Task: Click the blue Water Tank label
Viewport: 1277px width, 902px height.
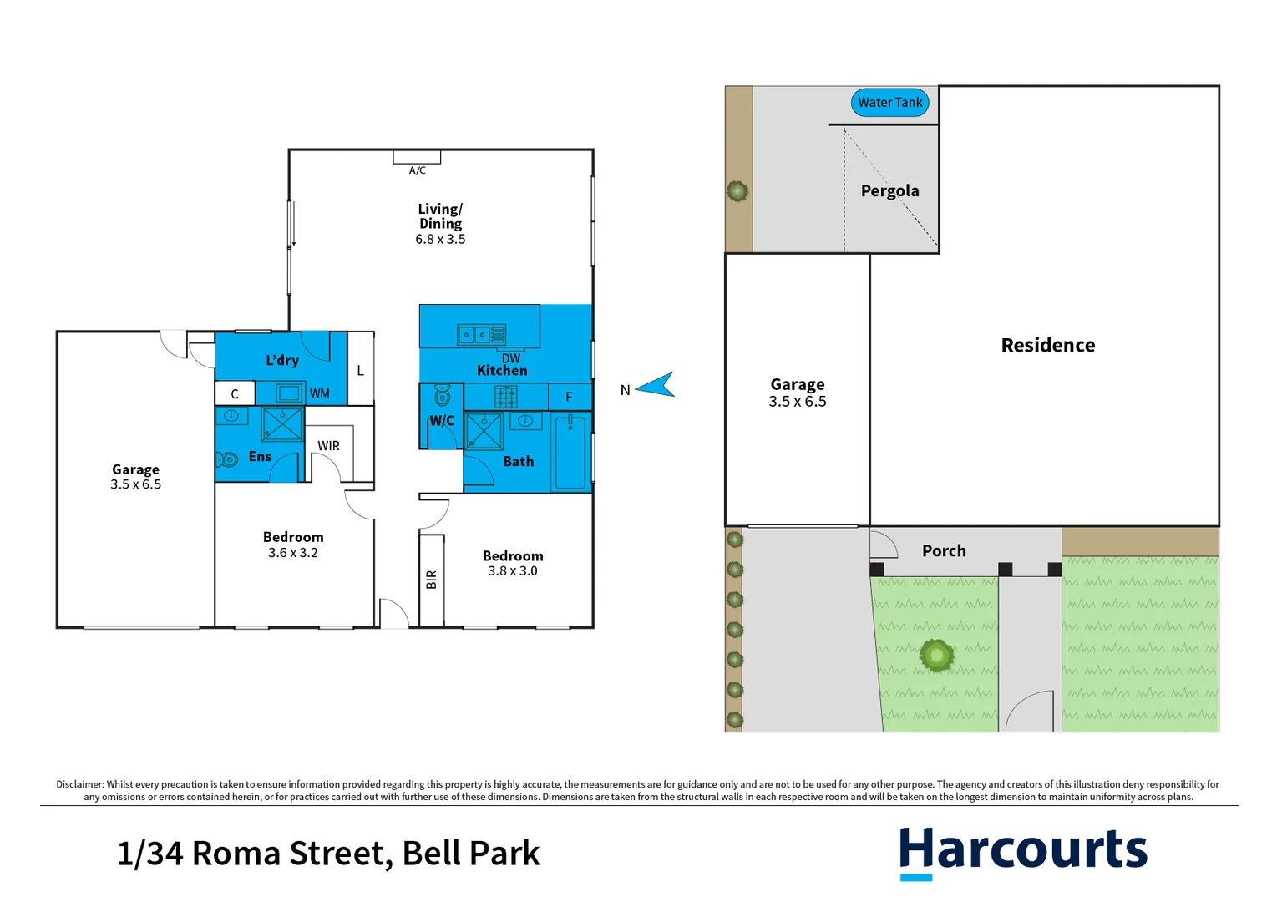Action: [x=889, y=103]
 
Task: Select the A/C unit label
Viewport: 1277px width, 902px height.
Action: [x=417, y=170]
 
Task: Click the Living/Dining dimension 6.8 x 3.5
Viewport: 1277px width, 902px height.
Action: [x=440, y=240]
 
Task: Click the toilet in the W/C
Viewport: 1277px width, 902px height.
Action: [x=443, y=395]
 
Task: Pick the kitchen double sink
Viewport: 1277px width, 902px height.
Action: [x=481, y=335]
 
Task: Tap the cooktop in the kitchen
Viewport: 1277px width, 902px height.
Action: [x=505, y=397]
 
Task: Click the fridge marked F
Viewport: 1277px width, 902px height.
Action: [x=570, y=397]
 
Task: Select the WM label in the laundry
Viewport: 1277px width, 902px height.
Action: [x=319, y=393]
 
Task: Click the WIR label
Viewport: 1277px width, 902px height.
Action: [x=328, y=446]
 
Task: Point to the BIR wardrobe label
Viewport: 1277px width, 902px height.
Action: [x=431, y=579]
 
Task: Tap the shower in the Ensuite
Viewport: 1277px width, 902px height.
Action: [x=282, y=424]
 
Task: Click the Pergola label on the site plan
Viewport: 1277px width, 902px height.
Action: [x=889, y=191]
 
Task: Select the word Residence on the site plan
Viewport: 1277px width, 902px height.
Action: [x=1047, y=346]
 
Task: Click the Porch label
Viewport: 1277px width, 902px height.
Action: [x=944, y=551]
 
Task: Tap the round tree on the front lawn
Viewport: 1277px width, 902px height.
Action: [x=936, y=656]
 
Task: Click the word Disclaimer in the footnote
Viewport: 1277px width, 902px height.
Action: [x=79, y=784]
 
